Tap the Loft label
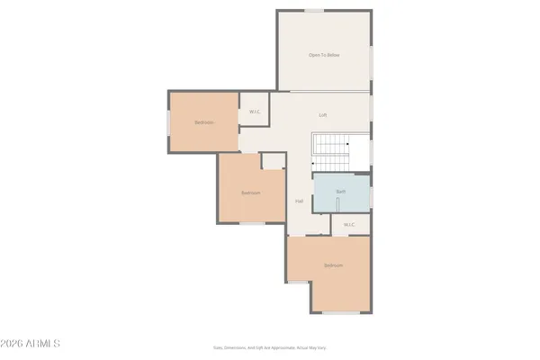(x=323, y=115)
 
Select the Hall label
(x=299, y=201)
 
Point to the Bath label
(x=341, y=192)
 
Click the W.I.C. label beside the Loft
(x=255, y=112)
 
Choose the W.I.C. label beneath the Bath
(x=349, y=224)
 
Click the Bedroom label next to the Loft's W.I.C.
(x=204, y=122)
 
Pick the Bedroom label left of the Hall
(x=250, y=193)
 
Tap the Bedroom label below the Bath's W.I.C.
(x=333, y=265)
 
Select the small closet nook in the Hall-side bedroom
(x=272, y=160)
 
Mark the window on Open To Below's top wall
(x=314, y=11)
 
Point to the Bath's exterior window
(x=371, y=192)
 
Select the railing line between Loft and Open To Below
(x=323, y=92)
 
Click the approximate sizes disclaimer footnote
(x=270, y=346)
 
